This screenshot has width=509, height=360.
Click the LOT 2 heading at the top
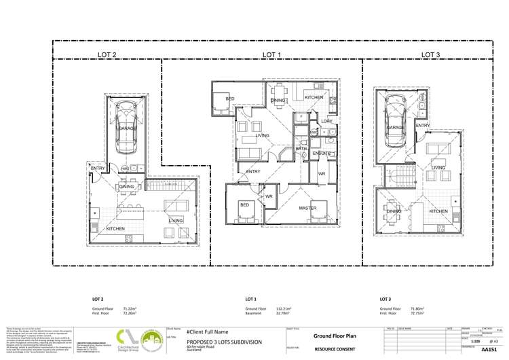click(x=107, y=54)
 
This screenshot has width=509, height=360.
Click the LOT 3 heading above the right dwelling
click(x=430, y=54)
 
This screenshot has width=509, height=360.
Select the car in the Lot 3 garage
click(x=395, y=115)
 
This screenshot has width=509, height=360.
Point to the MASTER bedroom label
click(x=309, y=208)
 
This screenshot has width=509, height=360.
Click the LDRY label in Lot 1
click(x=326, y=122)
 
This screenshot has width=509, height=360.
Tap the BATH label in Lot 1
click(x=301, y=147)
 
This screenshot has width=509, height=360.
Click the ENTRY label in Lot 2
click(x=98, y=168)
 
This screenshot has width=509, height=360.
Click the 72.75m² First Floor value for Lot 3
click(x=419, y=313)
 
